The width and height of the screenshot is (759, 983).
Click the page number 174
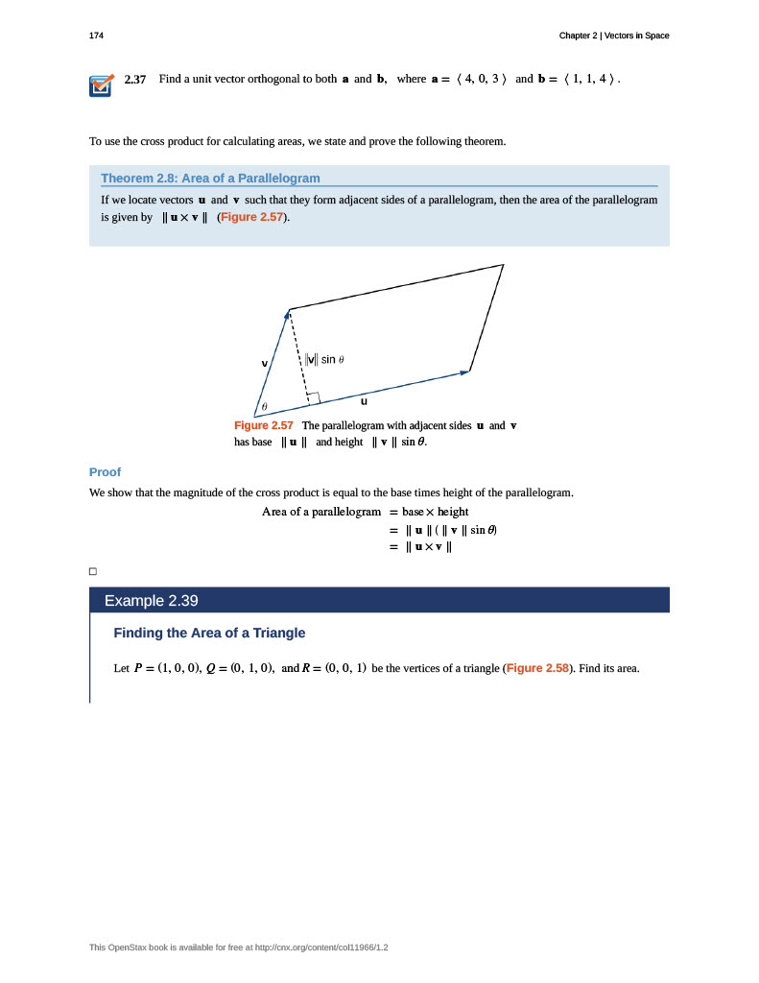[x=96, y=36]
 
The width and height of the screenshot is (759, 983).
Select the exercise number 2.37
[x=135, y=79]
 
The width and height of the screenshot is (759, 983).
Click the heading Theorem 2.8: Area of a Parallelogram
[x=210, y=178]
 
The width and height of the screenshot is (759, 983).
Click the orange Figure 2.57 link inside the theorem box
[x=252, y=217]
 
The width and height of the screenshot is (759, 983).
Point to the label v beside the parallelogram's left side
[x=265, y=363]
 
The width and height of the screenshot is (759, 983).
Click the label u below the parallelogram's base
[x=364, y=401]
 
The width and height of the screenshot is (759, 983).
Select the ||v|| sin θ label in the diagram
[x=324, y=359]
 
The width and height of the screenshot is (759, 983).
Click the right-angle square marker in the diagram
[x=313, y=397]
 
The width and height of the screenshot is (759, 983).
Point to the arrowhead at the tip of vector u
[x=466, y=372]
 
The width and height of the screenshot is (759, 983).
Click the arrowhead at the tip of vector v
[x=288, y=314]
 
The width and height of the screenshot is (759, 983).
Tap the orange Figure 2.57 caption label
[x=264, y=425]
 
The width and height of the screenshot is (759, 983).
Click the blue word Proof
[x=105, y=471]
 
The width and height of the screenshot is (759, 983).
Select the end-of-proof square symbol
[x=93, y=572]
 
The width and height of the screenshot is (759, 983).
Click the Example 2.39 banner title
[x=151, y=601]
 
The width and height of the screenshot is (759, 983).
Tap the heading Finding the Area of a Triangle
[x=209, y=633]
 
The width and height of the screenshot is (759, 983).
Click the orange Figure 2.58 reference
[x=537, y=667]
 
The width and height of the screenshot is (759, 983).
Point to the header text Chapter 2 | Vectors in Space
[x=614, y=36]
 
